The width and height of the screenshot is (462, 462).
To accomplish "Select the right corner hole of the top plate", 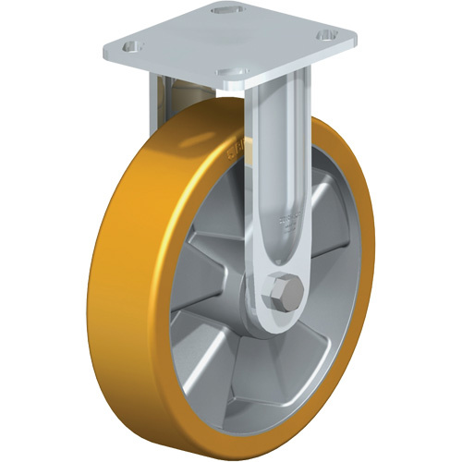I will tap(326, 36).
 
